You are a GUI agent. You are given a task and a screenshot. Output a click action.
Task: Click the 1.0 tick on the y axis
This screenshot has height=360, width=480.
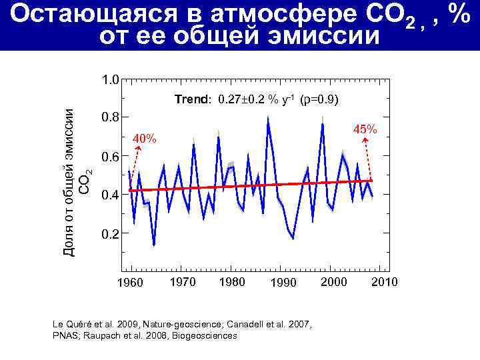pyautogui.click(x=110, y=80)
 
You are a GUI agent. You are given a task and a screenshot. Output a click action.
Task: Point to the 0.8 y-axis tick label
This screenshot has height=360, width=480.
pyautogui.click(x=110, y=118)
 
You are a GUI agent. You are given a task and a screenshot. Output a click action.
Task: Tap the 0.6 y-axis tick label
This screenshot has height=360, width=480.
pyautogui.click(x=110, y=157)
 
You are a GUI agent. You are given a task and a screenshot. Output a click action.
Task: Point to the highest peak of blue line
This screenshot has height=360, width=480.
pyautogui.click(x=267, y=119)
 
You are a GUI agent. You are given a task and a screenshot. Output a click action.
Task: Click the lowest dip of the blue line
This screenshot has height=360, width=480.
pyautogui.click(x=154, y=245)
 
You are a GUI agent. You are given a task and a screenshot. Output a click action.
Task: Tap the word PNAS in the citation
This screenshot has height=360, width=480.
pyautogui.click(x=64, y=336)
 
